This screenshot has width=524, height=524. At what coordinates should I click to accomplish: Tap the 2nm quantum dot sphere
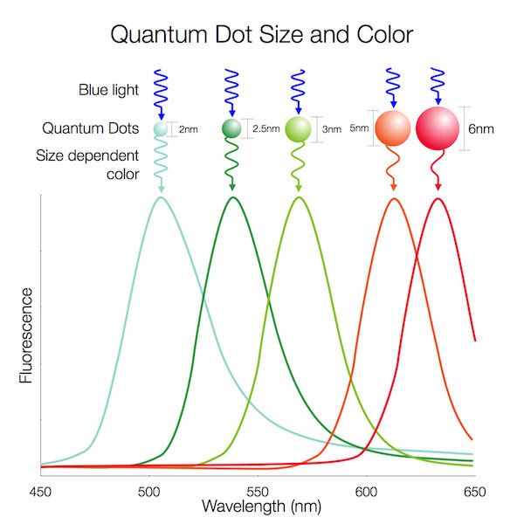(161, 129)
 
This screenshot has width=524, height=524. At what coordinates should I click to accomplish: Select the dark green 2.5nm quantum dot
(231, 129)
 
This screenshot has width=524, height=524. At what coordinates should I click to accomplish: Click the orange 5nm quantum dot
(392, 128)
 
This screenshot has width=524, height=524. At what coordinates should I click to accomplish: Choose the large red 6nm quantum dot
(437, 128)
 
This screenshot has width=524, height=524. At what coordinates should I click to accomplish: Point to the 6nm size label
(481, 128)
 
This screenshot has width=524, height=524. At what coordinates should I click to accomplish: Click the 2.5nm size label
(265, 129)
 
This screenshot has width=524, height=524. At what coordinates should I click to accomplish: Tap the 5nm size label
(358, 128)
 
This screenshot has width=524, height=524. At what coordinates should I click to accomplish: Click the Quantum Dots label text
(91, 129)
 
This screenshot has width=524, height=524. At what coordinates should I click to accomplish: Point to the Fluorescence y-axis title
(27, 335)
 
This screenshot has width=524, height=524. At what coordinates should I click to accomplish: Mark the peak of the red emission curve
(438, 198)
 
